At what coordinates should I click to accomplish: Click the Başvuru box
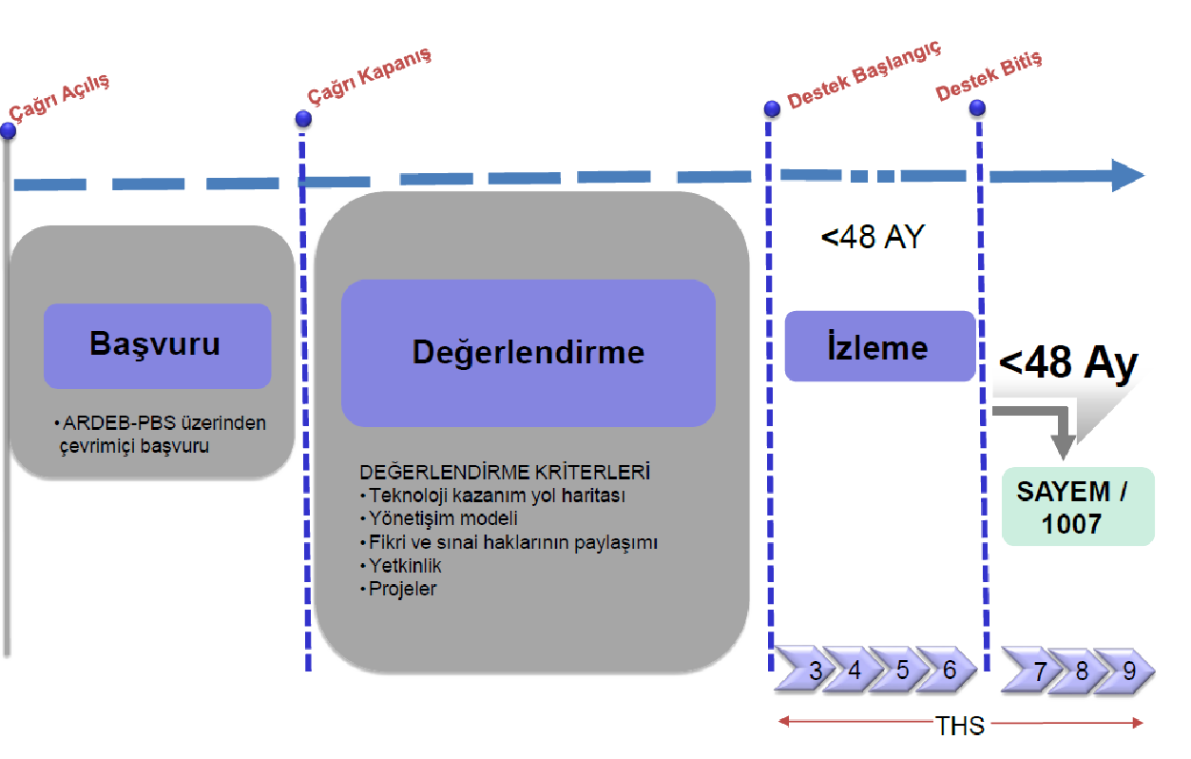click(157, 345)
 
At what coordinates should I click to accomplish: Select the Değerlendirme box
click(528, 353)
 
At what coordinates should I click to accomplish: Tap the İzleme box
click(879, 347)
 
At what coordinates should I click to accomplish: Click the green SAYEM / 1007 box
click(1078, 506)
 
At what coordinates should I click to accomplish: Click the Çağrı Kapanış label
click(369, 75)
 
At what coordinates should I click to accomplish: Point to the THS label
click(959, 725)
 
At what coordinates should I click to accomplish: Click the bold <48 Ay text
click(1068, 364)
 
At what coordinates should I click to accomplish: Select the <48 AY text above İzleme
click(872, 237)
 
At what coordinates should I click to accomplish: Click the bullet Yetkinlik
click(406, 566)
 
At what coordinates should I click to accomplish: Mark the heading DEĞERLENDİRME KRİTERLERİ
click(504, 473)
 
